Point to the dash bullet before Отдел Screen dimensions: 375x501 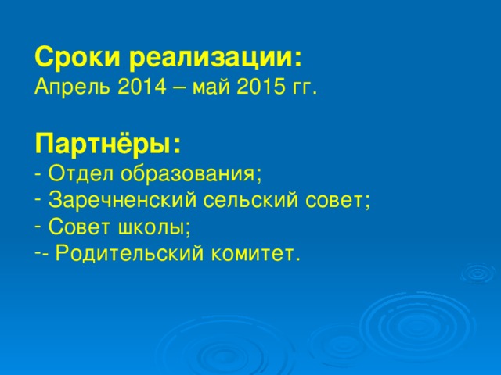point(38,173)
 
